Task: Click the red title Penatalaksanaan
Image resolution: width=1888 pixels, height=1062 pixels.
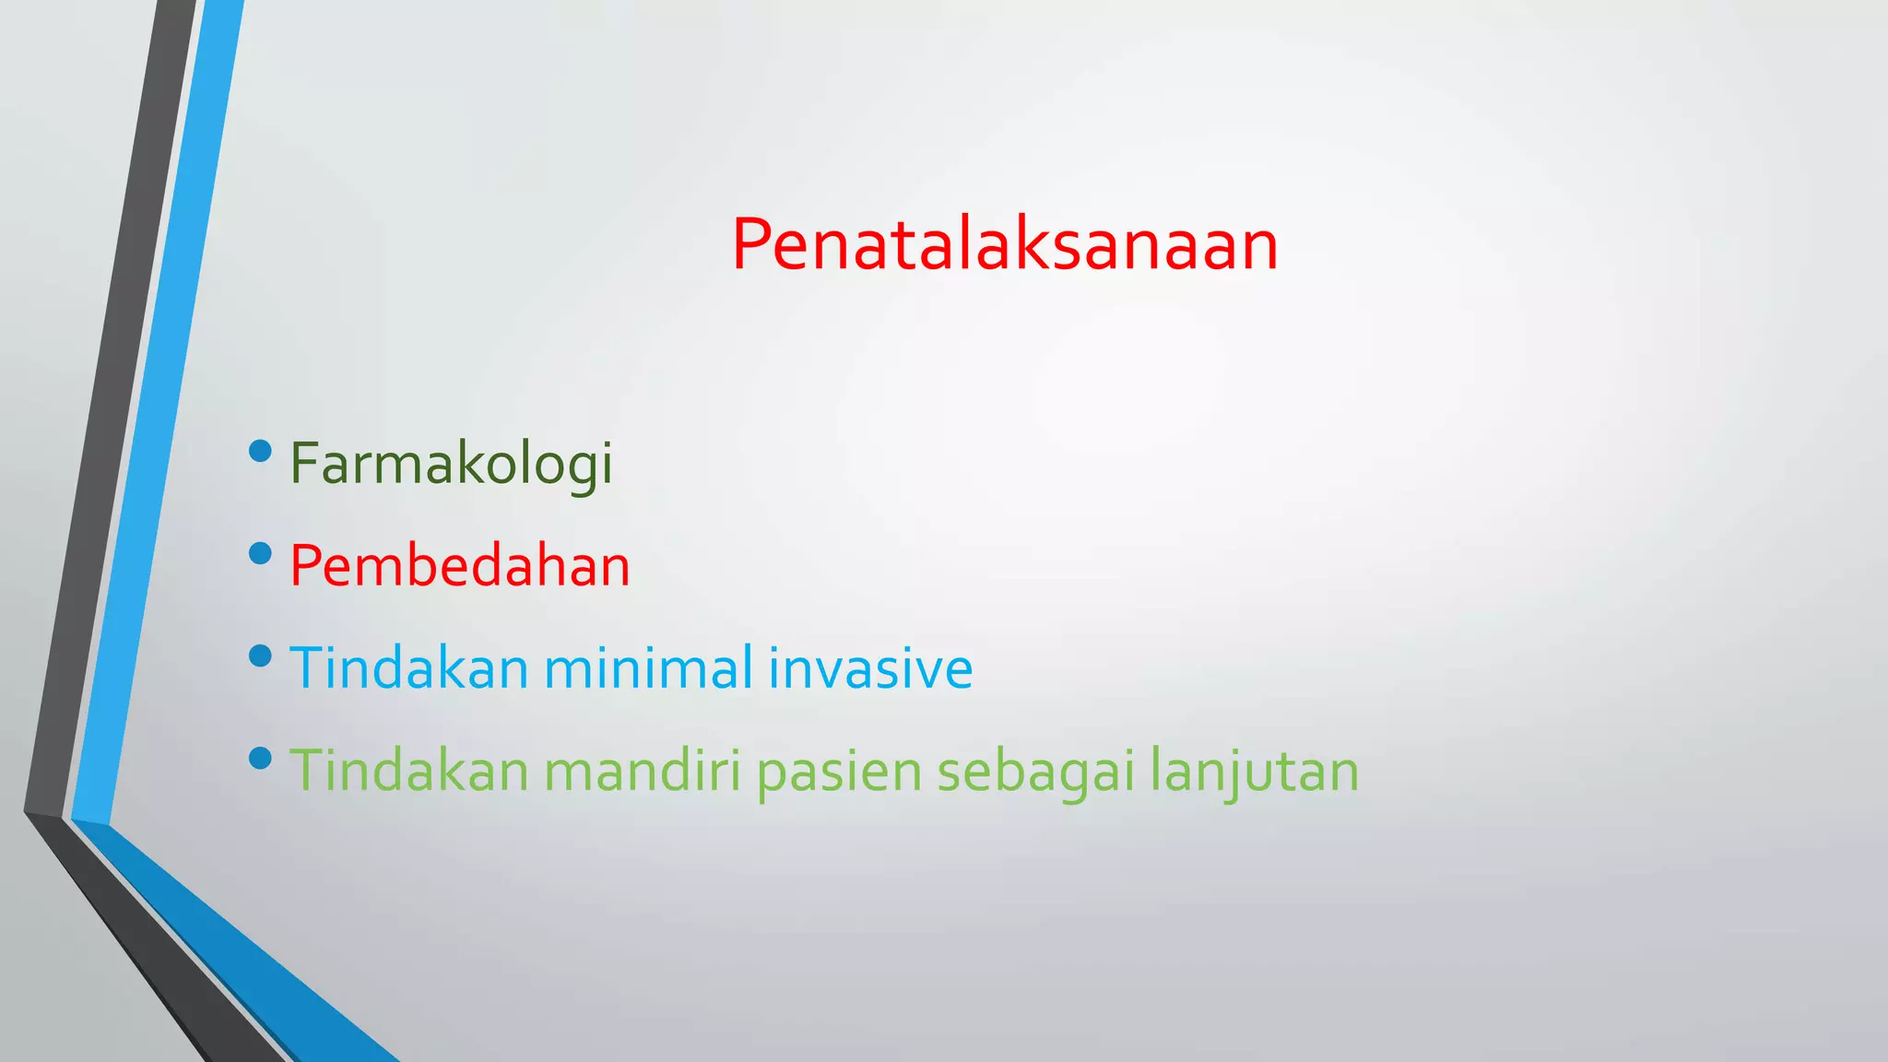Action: [x=1005, y=245]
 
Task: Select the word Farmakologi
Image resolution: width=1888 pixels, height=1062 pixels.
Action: [x=451, y=464]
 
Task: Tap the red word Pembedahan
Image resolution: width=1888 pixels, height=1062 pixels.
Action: [x=459, y=566]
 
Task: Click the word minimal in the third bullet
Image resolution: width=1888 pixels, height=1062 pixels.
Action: [x=648, y=667]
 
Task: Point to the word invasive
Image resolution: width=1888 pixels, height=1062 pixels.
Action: [x=870, y=669]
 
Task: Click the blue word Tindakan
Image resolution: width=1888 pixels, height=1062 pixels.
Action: [x=408, y=667]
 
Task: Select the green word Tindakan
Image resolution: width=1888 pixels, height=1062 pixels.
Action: [x=408, y=771]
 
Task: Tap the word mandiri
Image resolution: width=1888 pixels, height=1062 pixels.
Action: [x=643, y=771]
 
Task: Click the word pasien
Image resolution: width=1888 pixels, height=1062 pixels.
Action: [x=839, y=773]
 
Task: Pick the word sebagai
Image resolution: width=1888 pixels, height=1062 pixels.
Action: [x=1035, y=773]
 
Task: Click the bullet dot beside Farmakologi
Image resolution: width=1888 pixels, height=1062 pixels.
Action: [x=261, y=451]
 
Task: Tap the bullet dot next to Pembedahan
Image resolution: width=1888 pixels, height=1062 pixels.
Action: [x=261, y=553]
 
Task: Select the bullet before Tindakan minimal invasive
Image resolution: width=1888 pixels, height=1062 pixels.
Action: [x=261, y=655]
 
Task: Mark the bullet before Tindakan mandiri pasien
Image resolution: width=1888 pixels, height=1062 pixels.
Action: [x=261, y=758]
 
